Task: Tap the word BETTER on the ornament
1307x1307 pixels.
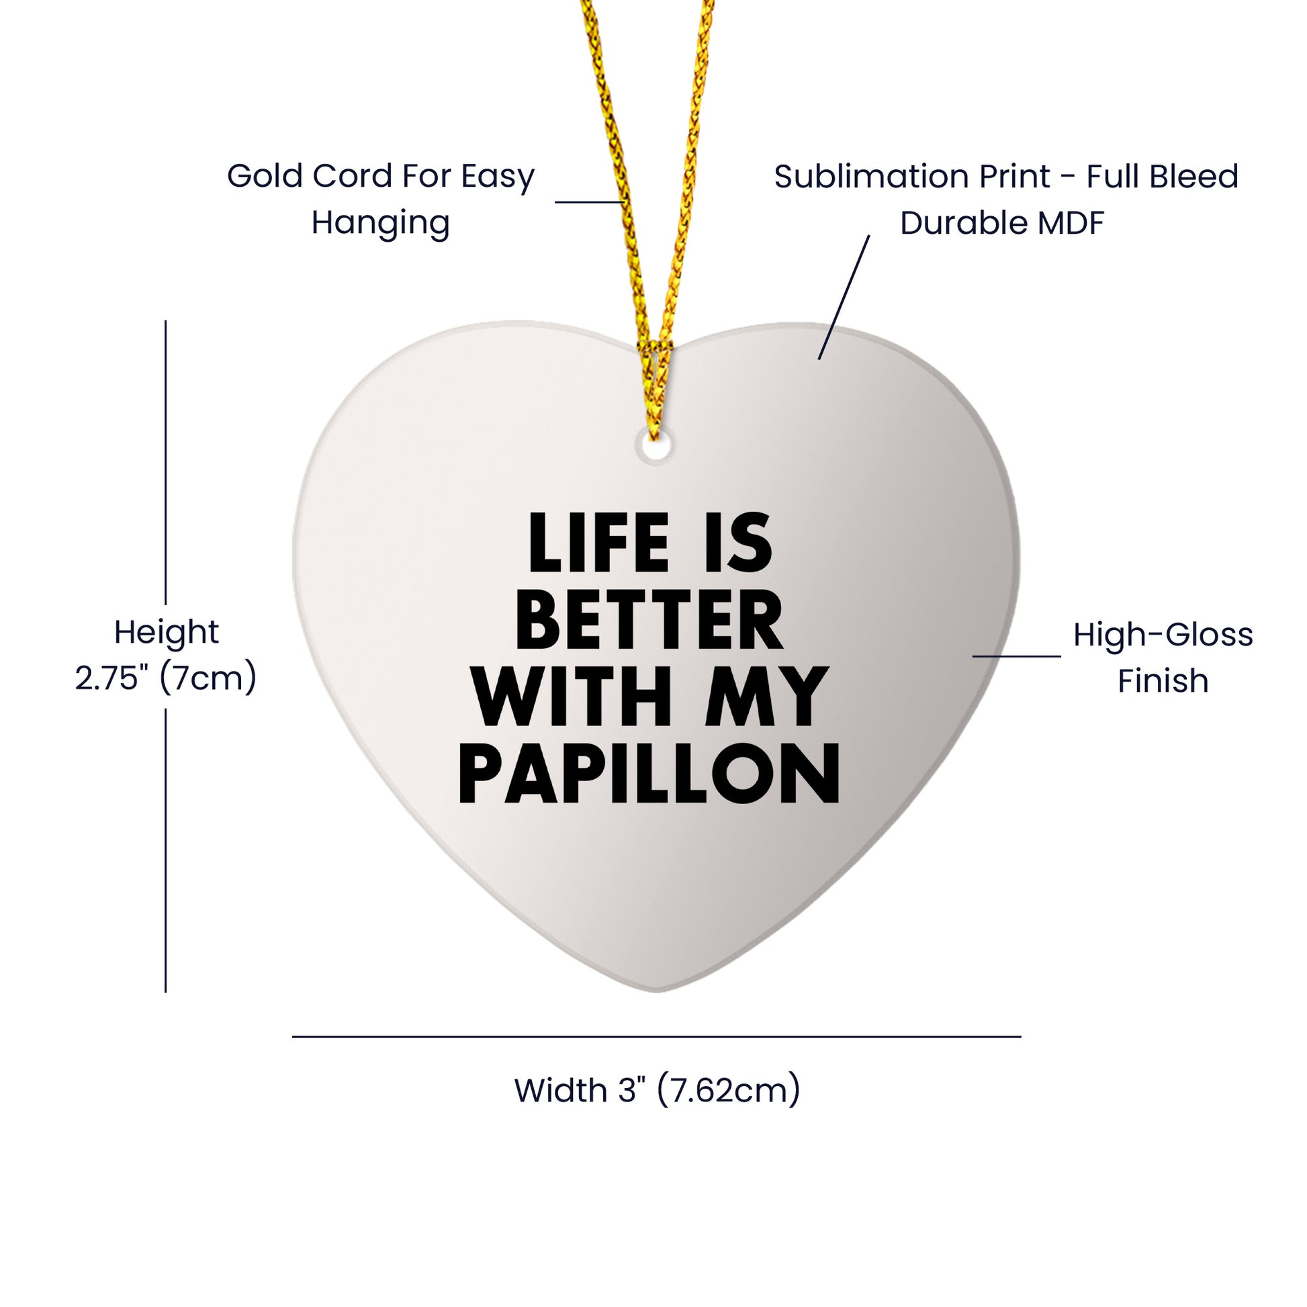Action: (649, 621)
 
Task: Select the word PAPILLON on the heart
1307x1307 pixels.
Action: (649, 774)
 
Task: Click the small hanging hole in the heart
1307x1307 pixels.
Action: (654, 447)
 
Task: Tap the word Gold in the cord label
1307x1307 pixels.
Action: (265, 176)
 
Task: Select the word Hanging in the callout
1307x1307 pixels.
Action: (380, 223)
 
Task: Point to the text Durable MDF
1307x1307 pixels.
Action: (1002, 223)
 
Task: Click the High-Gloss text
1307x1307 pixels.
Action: (1163, 635)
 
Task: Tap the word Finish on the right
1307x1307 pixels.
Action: (1163, 681)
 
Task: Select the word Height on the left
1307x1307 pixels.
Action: (167, 632)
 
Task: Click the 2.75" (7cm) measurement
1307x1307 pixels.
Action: (166, 678)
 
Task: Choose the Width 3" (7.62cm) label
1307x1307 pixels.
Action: (657, 1091)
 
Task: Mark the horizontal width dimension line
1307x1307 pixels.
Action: (656, 1036)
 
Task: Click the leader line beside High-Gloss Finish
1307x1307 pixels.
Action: (1016, 656)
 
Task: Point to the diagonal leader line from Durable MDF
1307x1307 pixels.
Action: (844, 298)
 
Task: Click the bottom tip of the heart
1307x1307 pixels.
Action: (656, 991)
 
